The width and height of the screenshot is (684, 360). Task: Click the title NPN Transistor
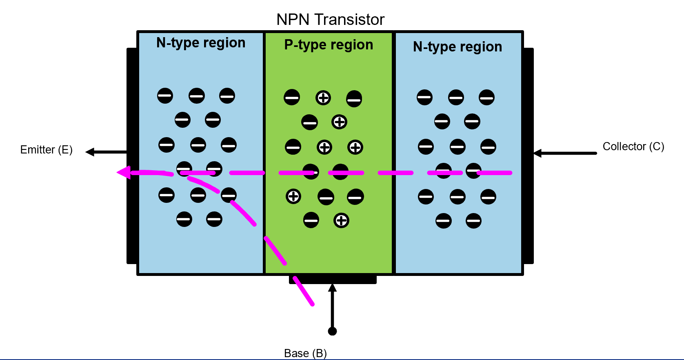[x=330, y=20]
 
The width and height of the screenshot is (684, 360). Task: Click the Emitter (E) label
[x=46, y=150]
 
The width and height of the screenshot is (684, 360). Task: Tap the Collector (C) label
[x=633, y=147]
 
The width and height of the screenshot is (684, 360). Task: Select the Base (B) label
[x=305, y=353]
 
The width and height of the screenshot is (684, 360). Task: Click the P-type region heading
[x=329, y=45]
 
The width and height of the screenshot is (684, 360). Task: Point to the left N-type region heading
[x=201, y=43]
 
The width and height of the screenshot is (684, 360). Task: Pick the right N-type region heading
[x=457, y=47]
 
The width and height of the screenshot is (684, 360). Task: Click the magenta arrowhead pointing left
[x=124, y=173]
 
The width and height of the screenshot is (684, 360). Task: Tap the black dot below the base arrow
[x=332, y=331]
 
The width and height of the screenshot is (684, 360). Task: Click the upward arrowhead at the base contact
[x=332, y=288]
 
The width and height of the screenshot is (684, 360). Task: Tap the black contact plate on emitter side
[x=131, y=156]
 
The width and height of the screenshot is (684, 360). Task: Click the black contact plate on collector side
[x=529, y=156]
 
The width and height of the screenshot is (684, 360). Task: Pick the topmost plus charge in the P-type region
[x=323, y=98]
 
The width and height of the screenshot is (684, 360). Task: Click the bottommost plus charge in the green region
[x=341, y=221]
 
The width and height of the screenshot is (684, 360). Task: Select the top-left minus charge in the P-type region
[x=292, y=98]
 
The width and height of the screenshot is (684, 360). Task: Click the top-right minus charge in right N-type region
[x=486, y=98]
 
